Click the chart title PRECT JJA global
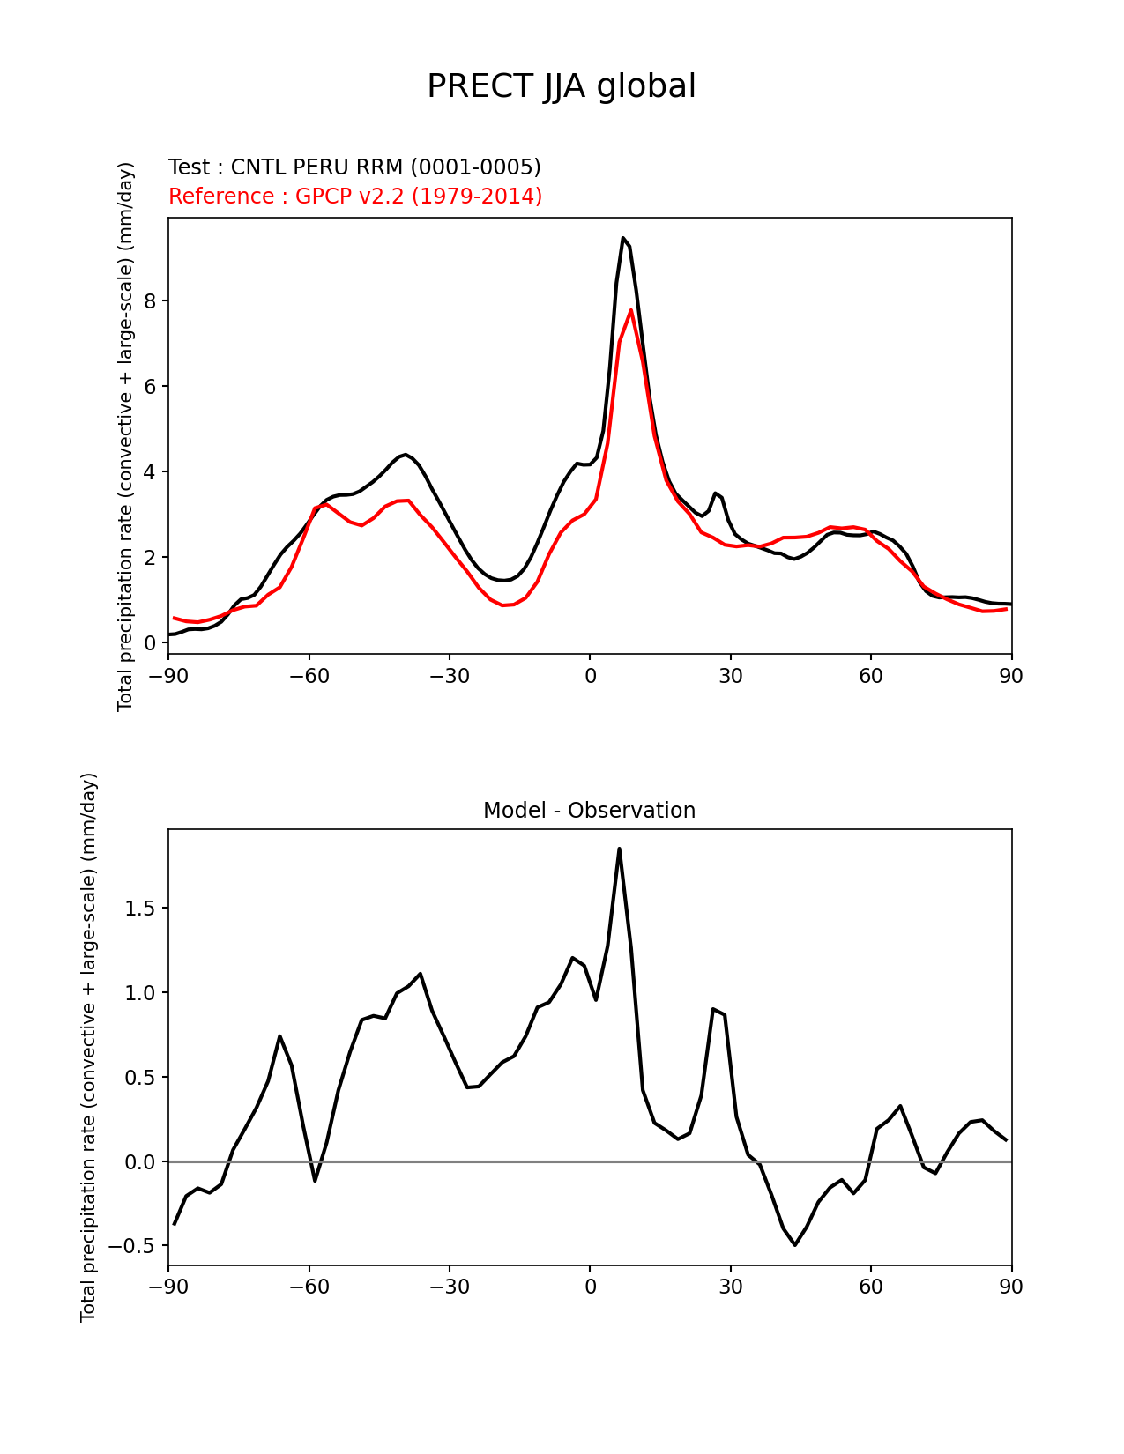(x=562, y=86)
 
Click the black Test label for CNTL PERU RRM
(x=354, y=167)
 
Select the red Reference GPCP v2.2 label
(x=355, y=196)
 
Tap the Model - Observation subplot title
(x=589, y=811)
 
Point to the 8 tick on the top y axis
(x=150, y=301)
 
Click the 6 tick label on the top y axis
(x=150, y=387)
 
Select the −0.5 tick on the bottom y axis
(x=133, y=1246)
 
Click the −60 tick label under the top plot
(x=309, y=676)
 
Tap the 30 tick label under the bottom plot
(x=730, y=1287)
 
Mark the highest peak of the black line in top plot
(x=622, y=238)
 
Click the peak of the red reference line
(x=631, y=310)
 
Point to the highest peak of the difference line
(x=619, y=849)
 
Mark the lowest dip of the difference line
(x=795, y=1244)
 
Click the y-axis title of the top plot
(x=125, y=436)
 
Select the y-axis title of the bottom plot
(x=88, y=1047)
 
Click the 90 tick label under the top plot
(x=1011, y=676)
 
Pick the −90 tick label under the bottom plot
(x=168, y=1287)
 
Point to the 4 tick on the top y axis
(x=150, y=472)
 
